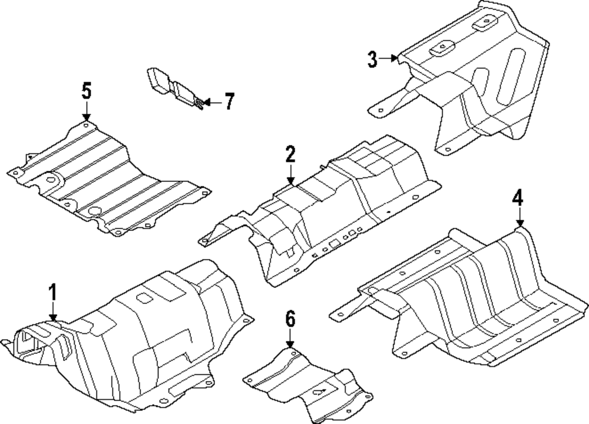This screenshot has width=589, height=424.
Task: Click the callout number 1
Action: (52, 293)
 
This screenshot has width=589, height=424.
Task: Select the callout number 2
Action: (290, 155)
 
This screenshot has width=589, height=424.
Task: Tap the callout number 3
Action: (372, 59)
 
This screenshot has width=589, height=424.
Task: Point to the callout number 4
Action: (518, 198)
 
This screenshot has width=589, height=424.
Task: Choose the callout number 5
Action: (87, 91)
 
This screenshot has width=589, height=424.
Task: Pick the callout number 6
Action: (290, 320)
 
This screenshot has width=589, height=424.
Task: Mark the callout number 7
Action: (228, 102)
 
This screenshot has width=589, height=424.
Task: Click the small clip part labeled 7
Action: (174, 87)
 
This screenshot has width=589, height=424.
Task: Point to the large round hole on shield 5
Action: (94, 210)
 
